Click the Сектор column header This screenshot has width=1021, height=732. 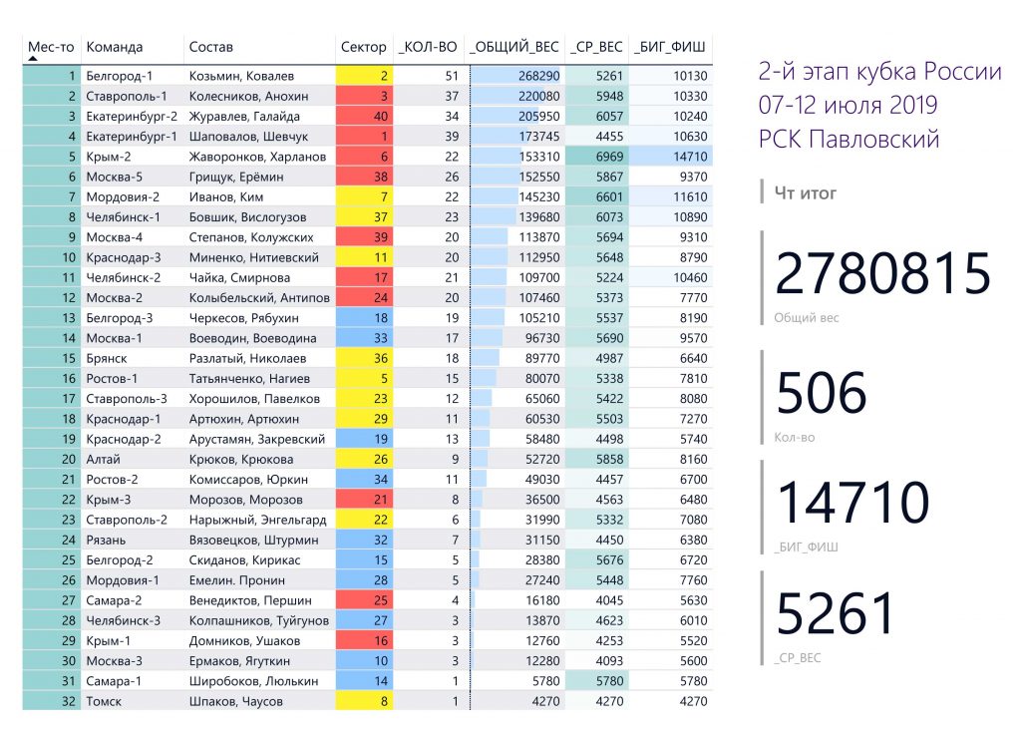tap(363, 47)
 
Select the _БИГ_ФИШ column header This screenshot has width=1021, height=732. tap(669, 47)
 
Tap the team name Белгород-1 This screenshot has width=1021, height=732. tap(120, 76)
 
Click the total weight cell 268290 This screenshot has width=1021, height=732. tap(539, 76)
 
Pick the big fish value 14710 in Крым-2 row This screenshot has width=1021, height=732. tap(690, 157)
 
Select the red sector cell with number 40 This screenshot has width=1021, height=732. tap(365, 116)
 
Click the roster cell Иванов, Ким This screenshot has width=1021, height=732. tap(226, 196)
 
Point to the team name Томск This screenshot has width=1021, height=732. tap(104, 701)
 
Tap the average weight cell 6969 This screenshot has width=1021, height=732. tap(609, 157)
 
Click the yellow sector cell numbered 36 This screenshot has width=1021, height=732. tap(365, 358)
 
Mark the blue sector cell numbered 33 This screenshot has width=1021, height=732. tap(365, 338)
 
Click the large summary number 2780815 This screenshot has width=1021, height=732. tap(883, 273)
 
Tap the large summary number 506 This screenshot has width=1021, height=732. tap(822, 392)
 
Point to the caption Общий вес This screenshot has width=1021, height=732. tap(806, 318)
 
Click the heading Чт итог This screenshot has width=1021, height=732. tap(805, 192)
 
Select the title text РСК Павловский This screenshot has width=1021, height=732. tap(849, 139)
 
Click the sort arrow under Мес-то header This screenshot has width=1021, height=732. tap(33, 59)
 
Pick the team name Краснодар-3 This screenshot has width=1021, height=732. tap(124, 257)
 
